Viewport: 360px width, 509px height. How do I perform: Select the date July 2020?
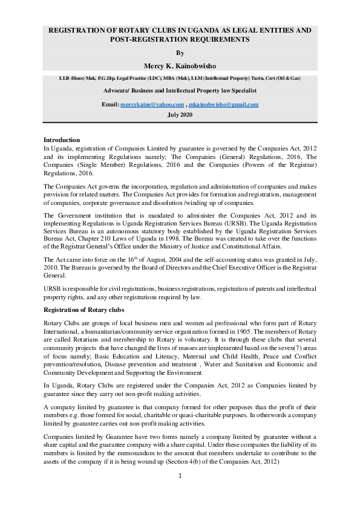pos(180,114)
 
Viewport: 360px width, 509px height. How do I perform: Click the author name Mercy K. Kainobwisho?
pos(180,65)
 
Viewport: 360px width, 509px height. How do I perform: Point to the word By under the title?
pos(180,53)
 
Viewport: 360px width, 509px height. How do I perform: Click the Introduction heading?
pos(62,140)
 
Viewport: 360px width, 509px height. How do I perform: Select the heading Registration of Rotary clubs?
pos(83,309)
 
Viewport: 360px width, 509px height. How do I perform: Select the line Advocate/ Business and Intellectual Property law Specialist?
pos(180,91)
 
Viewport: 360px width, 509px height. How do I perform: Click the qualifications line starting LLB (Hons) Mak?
pos(180,79)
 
